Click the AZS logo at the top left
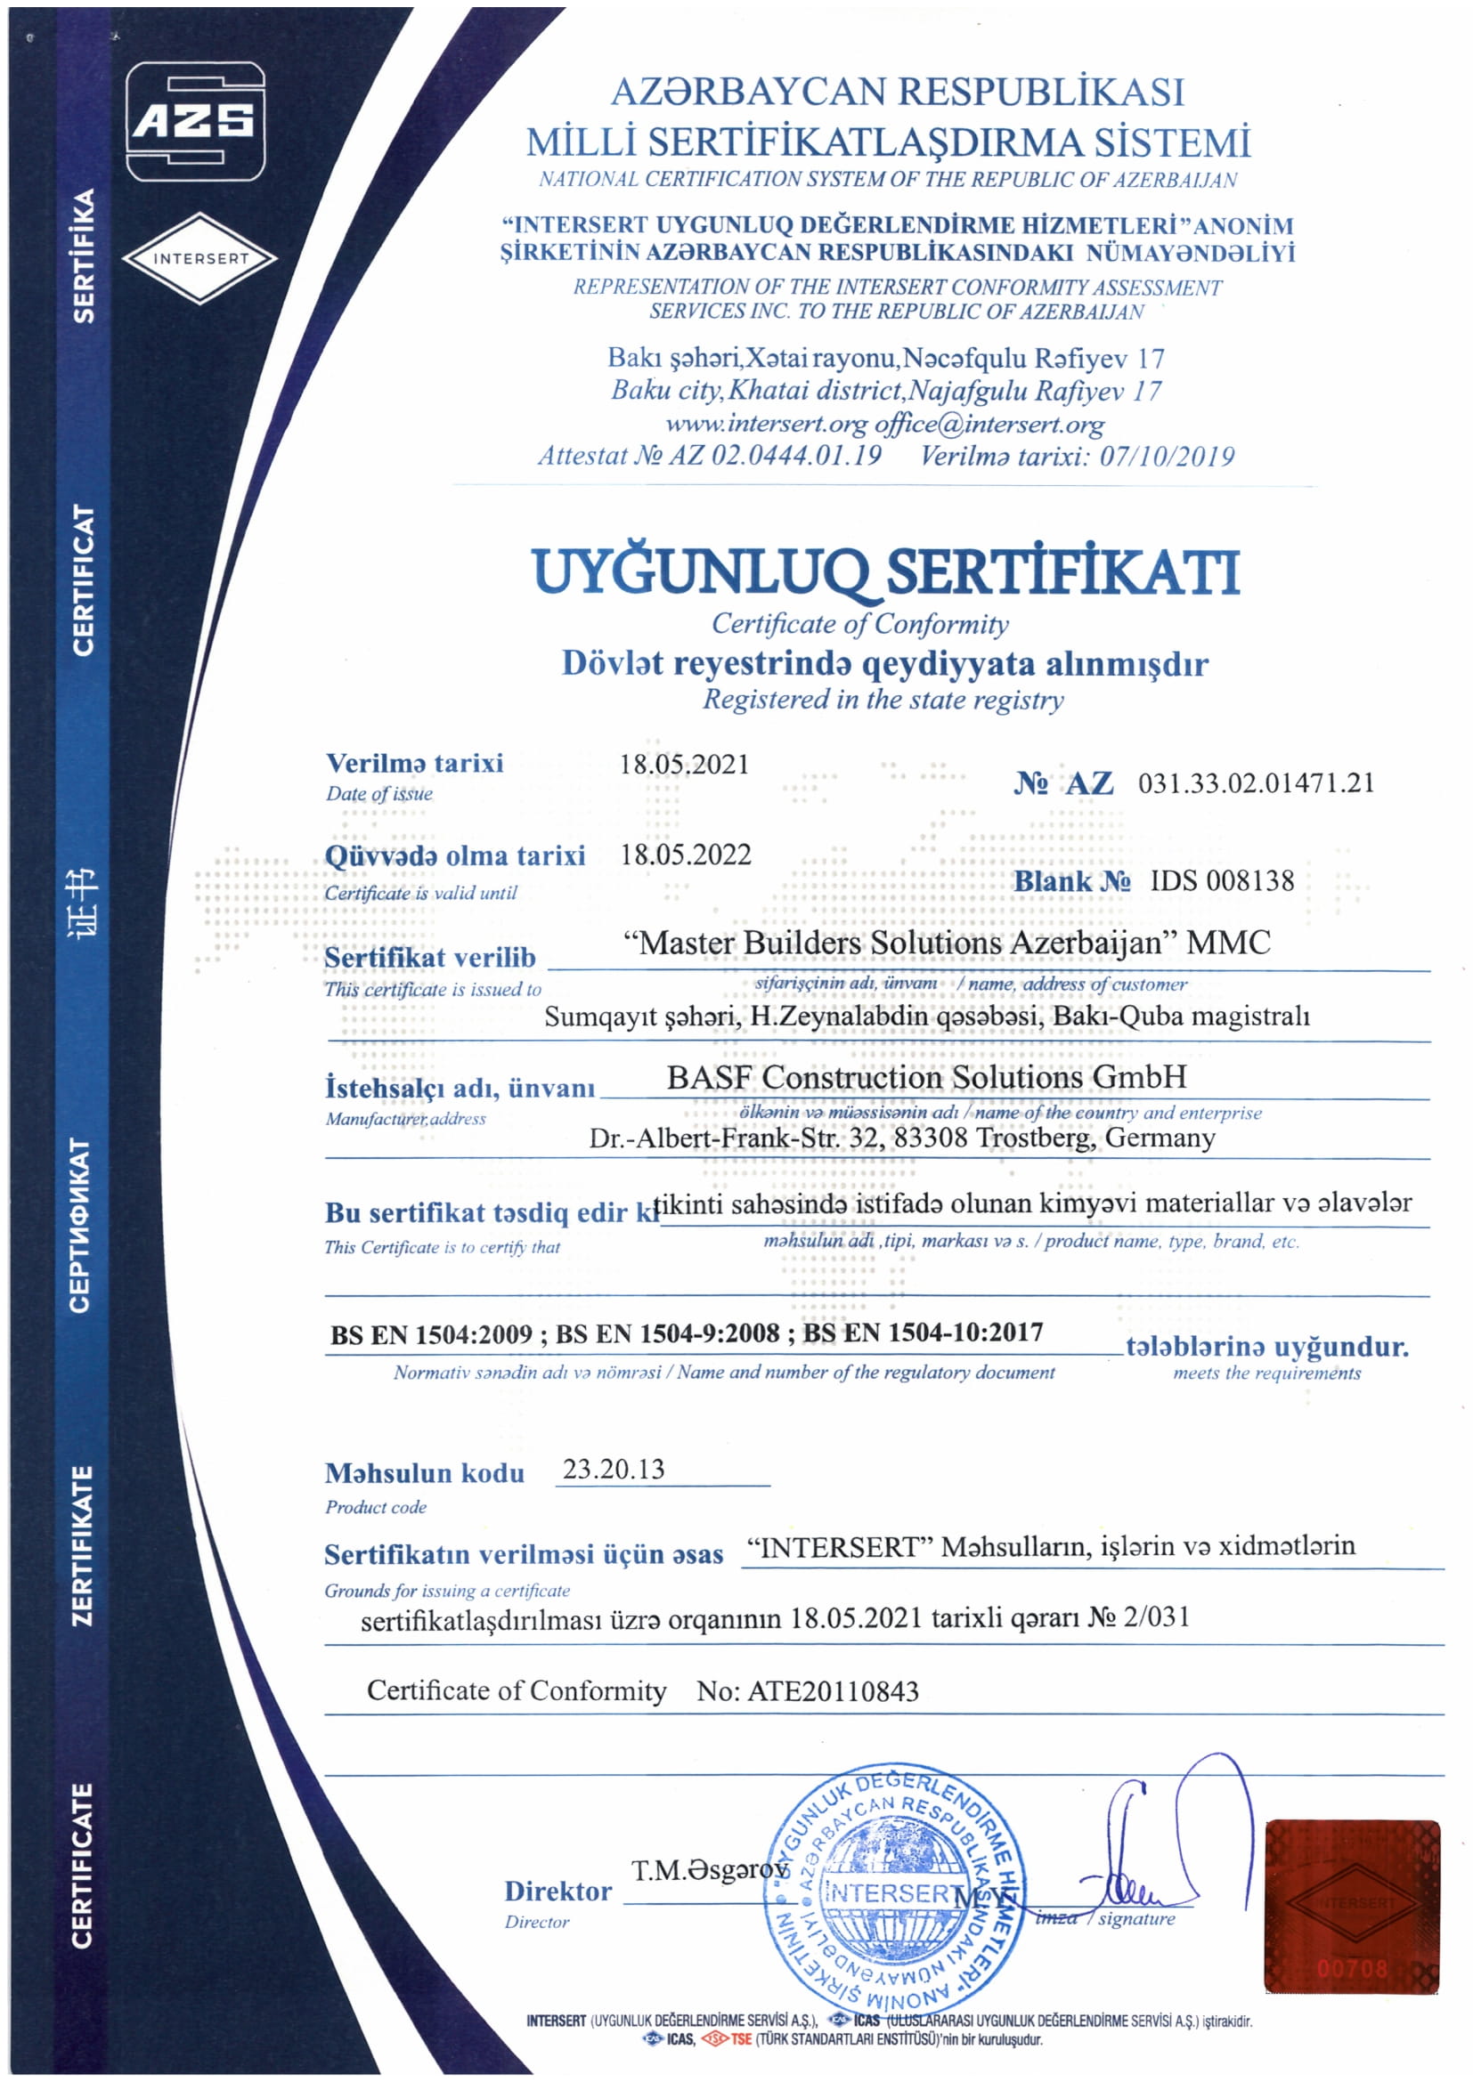pos(194,120)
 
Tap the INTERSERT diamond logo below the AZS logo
pos(199,258)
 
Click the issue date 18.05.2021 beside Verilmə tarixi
pos(684,764)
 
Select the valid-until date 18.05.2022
pos(685,855)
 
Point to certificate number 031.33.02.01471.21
pos(1256,782)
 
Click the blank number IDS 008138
pos(1221,880)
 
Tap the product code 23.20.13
pos(613,1468)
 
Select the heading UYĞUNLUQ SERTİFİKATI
pos(885,572)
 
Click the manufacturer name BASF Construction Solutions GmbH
pos(926,1076)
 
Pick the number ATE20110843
pos(833,1691)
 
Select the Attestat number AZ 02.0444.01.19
pos(775,455)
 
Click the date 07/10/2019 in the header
pos(1167,455)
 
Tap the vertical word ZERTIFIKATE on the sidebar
pos(83,1545)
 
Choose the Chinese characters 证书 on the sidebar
pos(84,903)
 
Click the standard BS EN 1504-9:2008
pos(667,1333)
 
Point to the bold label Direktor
pos(557,1892)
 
